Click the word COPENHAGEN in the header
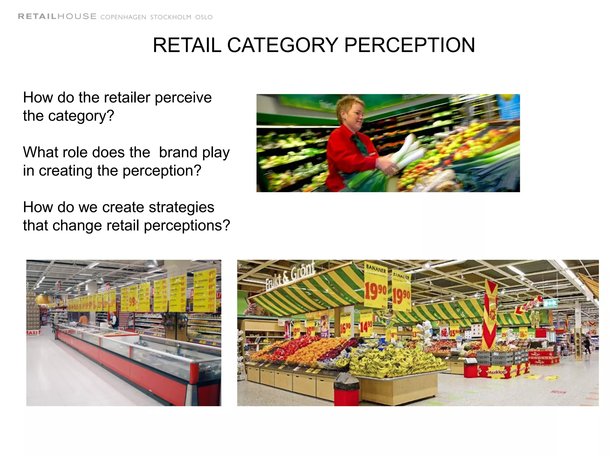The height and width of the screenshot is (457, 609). [x=123, y=17]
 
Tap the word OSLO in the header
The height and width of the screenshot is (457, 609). [x=204, y=17]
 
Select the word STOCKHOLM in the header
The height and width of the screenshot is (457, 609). [x=170, y=17]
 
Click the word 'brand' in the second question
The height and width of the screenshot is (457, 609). [x=178, y=152]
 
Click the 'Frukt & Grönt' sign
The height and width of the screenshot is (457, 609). [x=290, y=275]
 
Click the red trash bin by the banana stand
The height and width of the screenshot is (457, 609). [x=346, y=390]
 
